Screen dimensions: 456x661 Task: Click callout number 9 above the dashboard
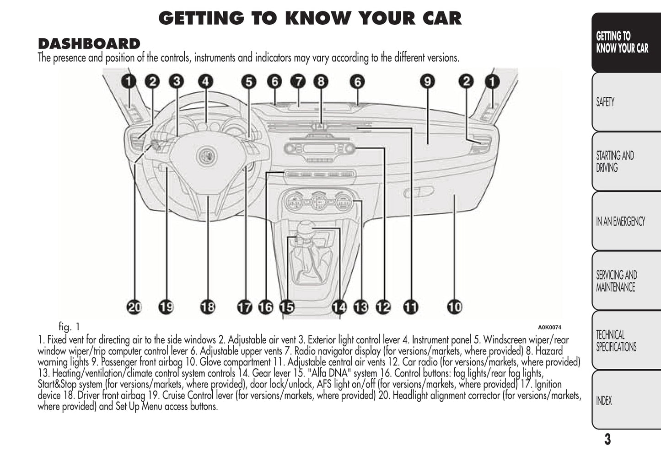click(427, 82)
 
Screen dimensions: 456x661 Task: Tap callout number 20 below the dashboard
click(134, 307)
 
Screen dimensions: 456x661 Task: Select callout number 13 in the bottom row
click(360, 307)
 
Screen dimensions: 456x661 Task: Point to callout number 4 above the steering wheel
click(205, 82)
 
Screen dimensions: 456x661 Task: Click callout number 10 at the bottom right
click(454, 307)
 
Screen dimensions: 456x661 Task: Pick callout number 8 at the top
click(321, 82)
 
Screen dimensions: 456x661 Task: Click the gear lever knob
click(307, 227)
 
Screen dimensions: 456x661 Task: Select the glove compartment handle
click(419, 192)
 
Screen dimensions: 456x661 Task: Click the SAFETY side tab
click(605, 102)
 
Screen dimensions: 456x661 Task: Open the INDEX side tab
click(604, 401)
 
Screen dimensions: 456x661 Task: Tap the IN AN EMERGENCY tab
click(620, 222)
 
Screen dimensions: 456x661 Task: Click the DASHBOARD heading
click(89, 44)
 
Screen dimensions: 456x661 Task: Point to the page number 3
click(607, 440)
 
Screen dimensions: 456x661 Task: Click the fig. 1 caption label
click(69, 327)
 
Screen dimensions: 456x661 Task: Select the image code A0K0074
click(549, 327)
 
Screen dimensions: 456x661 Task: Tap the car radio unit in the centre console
click(319, 149)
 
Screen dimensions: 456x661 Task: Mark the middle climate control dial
click(319, 201)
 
